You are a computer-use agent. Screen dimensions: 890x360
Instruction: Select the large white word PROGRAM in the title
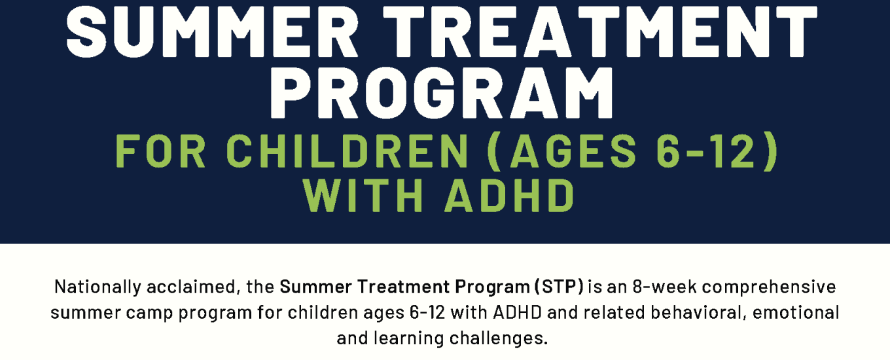442,93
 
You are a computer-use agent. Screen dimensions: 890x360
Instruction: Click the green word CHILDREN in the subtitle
347,152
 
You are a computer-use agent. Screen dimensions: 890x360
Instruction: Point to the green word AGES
574,152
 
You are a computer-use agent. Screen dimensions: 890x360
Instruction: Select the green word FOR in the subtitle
160,152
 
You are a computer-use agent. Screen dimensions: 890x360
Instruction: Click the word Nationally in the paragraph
98,287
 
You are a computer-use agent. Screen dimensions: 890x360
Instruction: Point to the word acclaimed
194,287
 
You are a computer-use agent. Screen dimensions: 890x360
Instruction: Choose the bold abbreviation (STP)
559,287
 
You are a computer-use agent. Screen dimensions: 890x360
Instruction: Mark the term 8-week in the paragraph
665,287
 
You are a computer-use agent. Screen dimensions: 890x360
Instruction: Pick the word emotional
796,313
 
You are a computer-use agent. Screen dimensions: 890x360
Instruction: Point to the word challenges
499,339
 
